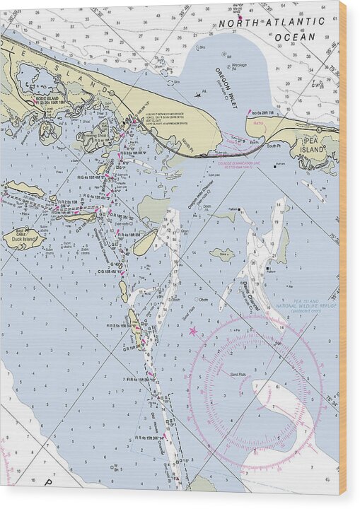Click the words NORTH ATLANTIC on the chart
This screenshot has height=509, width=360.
pyautogui.click(x=271, y=23)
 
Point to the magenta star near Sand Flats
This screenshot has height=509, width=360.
pyautogui.click(x=193, y=330)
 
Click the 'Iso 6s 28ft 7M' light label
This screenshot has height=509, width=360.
pyautogui.click(x=262, y=113)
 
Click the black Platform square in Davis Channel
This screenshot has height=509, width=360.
pyautogui.click(x=267, y=269)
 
